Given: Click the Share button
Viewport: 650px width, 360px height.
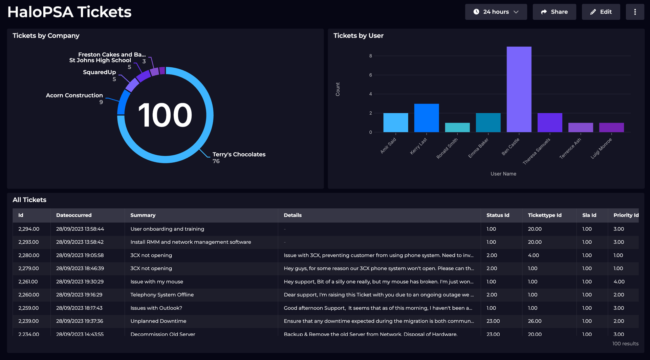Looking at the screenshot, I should (554, 12).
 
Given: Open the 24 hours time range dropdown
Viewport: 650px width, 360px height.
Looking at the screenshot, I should (496, 12).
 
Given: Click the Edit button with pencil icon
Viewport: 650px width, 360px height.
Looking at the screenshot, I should (601, 12).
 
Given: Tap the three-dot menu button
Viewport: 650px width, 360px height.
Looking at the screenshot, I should (635, 12).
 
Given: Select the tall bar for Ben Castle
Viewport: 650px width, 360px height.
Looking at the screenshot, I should (519, 90).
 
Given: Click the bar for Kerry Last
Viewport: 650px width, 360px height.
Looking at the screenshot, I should (426, 118).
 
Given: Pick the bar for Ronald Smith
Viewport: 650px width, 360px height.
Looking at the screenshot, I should (457, 128).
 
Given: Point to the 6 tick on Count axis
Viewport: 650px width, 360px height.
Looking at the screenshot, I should (370, 75).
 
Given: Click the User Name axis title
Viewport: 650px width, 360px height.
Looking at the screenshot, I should (503, 174).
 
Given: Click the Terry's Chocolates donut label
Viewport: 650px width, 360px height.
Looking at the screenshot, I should (239, 155).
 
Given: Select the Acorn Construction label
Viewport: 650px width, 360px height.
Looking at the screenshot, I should (74, 95).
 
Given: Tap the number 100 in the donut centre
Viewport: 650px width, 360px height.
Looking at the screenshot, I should (165, 115).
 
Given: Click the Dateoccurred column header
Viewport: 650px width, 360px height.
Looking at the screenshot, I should (74, 215).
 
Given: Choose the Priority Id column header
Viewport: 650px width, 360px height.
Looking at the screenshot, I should (626, 215).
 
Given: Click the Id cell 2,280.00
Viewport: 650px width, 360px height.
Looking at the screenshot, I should (29, 255).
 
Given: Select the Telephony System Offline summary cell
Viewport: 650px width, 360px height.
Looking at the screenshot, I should (162, 295).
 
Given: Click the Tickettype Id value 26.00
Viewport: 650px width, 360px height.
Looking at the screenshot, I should (535, 321).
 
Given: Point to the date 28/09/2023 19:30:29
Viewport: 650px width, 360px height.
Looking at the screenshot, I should (80, 282).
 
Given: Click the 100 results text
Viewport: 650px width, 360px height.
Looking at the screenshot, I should (625, 344).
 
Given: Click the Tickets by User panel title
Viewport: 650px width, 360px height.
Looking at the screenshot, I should (358, 36).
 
